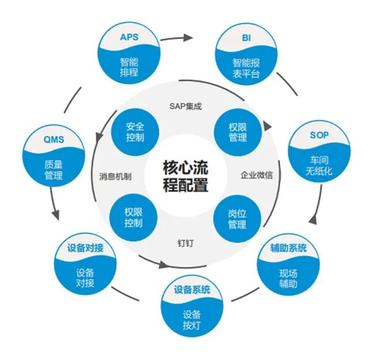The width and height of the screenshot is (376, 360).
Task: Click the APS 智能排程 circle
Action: pos(129,55)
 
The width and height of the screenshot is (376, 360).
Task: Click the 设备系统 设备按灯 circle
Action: pos(192,308)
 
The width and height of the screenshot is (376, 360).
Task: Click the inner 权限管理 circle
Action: pos(238,131)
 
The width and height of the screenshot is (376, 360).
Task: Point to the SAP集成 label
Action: pos(186,106)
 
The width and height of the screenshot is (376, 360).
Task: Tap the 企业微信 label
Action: pos(257,175)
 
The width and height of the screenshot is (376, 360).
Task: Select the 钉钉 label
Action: pos(185,242)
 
